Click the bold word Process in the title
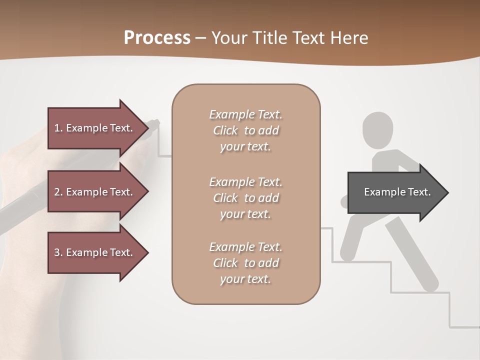point(157,38)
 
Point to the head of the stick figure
point(377,129)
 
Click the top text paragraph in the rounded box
point(245,130)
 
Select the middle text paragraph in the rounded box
point(245,198)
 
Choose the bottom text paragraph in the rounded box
point(245,263)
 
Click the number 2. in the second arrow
point(58,192)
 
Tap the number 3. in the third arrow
point(58,252)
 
